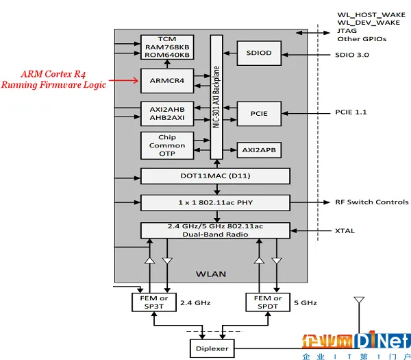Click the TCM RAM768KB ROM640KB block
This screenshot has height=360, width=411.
pyautogui.click(x=167, y=47)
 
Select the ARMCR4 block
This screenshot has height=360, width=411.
pyautogui.click(x=167, y=80)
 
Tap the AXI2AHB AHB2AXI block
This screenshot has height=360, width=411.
pyautogui.click(x=167, y=113)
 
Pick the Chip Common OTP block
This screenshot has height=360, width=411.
pyautogui.click(x=167, y=145)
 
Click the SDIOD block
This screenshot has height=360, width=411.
pyautogui.click(x=258, y=53)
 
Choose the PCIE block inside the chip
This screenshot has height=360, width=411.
pyautogui.click(x=258, y=113)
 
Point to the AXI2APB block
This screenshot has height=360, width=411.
pyautogui.click(x=258, y=149)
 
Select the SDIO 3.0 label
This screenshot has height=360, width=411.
pyautogui.click(x=352, y=54)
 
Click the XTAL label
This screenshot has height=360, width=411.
pyautogui.click(x=345, y=230)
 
